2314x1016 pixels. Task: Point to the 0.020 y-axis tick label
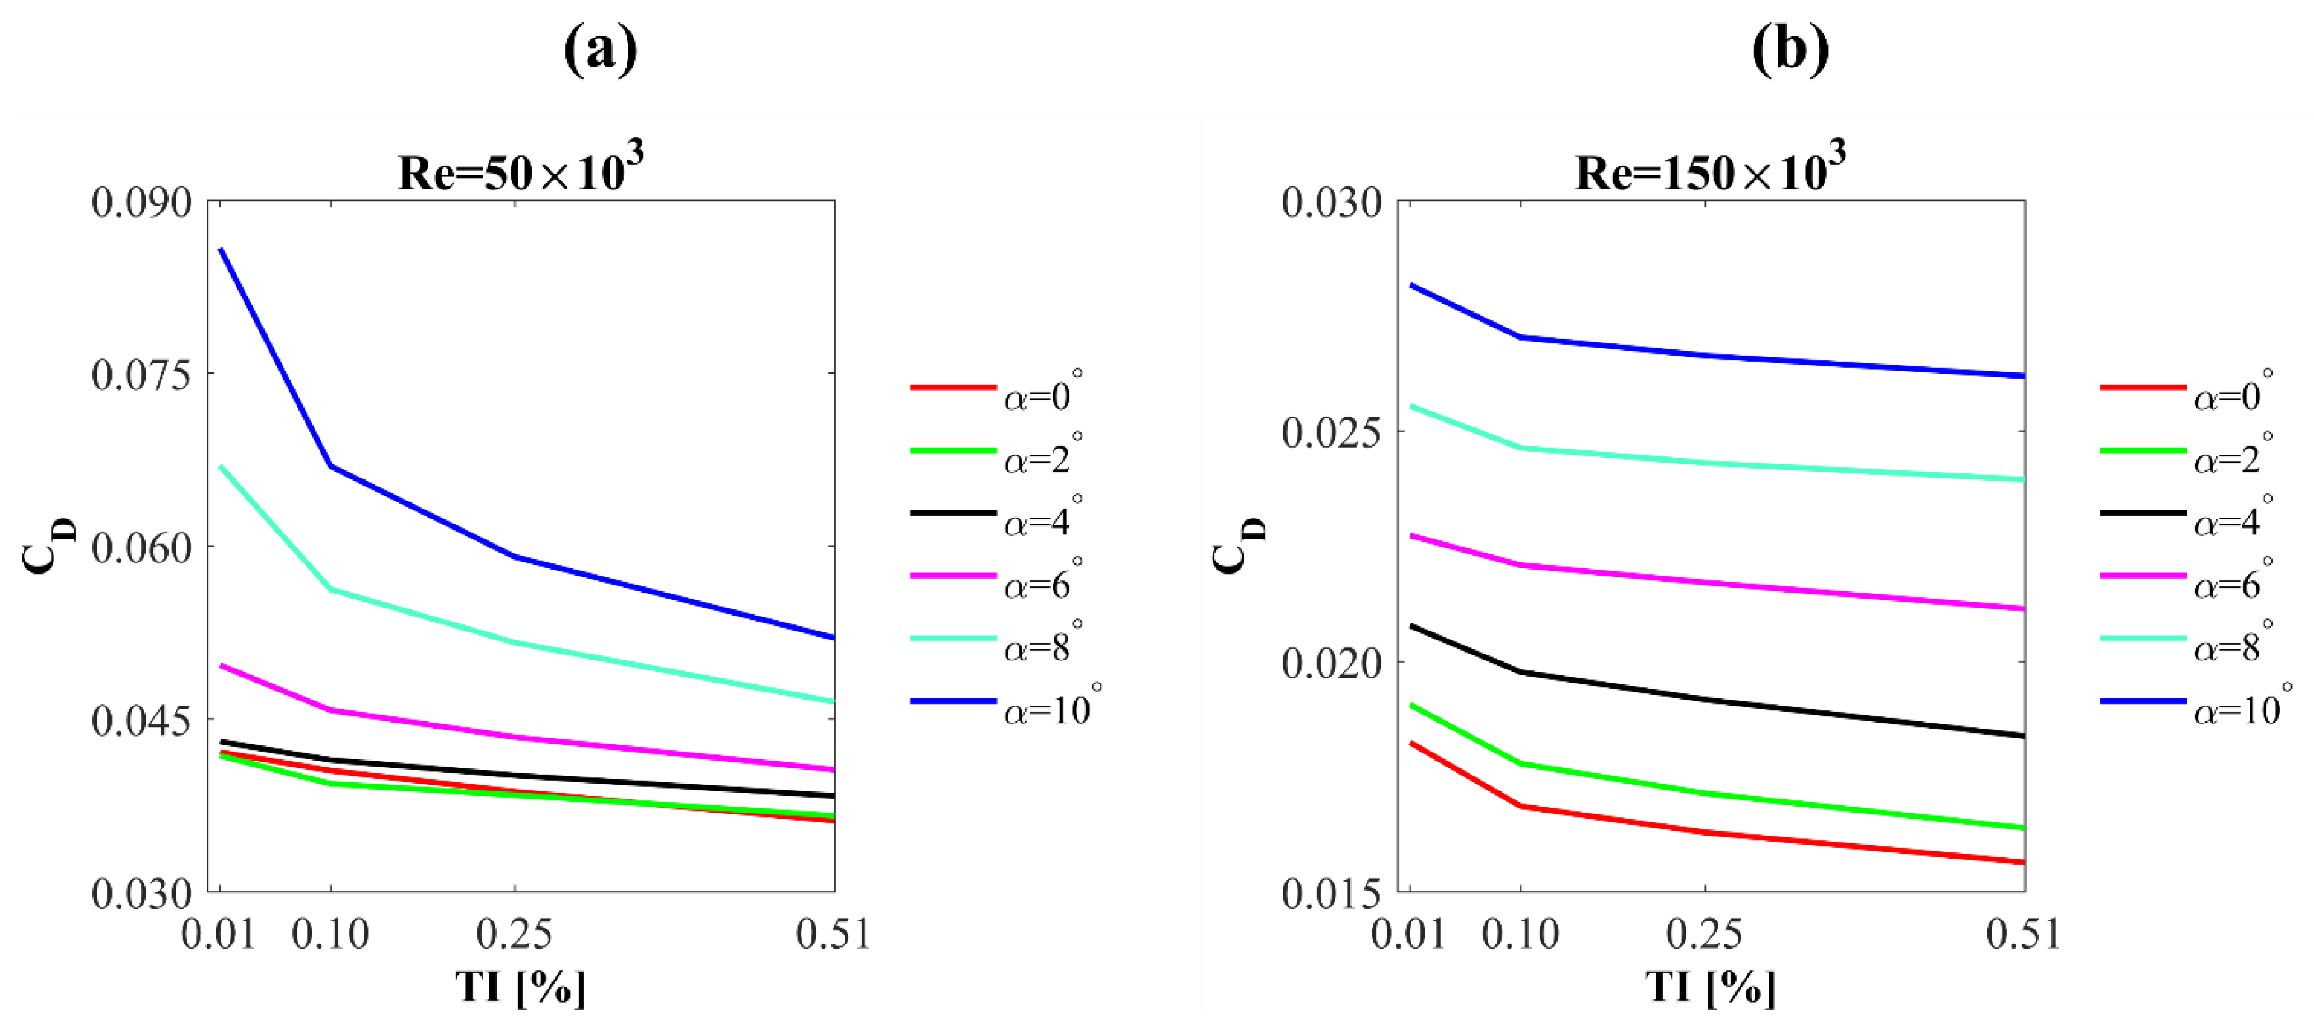[1331, 664]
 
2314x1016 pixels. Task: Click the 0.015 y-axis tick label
[1331, 894]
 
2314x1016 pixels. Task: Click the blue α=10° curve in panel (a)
[422, 511]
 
